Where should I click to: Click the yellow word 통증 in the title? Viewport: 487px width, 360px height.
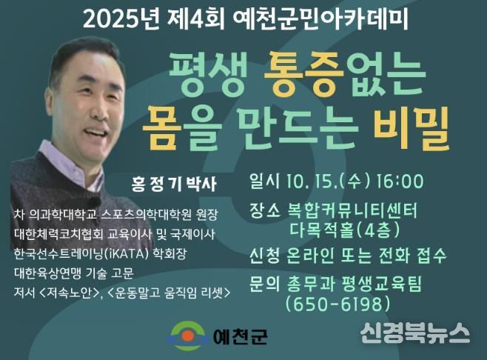point(303,73)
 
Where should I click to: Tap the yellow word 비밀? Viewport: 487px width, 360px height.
point(412,127)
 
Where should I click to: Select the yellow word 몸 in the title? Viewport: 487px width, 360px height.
point(162,127)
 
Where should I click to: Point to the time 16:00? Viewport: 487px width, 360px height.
point(400,181)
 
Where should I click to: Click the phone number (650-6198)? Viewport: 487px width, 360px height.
point(337,304)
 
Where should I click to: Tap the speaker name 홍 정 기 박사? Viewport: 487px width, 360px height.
point(174,184)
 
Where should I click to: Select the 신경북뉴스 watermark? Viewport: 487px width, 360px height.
point(415,333)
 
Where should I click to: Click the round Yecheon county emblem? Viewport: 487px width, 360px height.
point(187,336)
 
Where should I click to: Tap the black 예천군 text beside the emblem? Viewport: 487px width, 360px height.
point(240,336)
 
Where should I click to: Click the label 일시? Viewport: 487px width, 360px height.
point(264,181)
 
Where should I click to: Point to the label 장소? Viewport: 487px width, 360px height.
point(265,210)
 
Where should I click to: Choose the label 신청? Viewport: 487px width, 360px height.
point(265,256)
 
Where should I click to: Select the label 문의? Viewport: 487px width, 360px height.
point(265,284)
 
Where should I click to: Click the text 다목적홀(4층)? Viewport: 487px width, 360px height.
point(345,230)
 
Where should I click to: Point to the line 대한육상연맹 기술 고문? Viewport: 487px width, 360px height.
point(74,273)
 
